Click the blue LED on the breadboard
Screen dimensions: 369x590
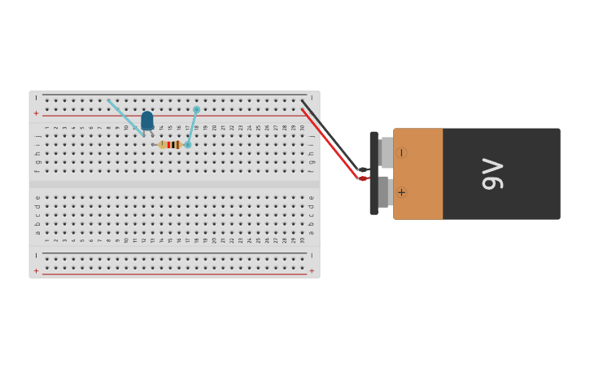pyautogui.click(x=147, y=121)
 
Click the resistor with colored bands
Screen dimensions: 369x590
pyautogui.click(x=170, y=145)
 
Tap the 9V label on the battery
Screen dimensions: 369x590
pyautogui.click(x=493, y=174)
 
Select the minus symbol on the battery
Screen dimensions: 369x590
pyautogui.click(x=401, y=152)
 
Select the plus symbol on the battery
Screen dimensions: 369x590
pyautogui.click(x=401, y=192)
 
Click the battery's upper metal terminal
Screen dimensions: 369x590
pyautogui.click(x=386, y=152)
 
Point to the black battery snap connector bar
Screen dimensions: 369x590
pyautogui.click(x=374, y=173)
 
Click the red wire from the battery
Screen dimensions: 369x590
pyautogui.click(x=330, y=143)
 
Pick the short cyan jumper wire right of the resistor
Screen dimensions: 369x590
pyautogui.click(x=192, y=128)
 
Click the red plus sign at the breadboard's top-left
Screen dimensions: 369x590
pyautogui.click(x=36, y=113)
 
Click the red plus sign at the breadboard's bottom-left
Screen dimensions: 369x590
pyautogui.click(x=36, y=270)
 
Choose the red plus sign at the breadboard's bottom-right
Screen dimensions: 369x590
pyautogui.click(x=311, y=270)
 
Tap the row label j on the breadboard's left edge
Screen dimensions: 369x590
pyautogui.click(x=37, y=136)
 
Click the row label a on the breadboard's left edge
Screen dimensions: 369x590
pyautogui.click(x=37, y=233)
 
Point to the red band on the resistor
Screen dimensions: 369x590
pyautogui.click(x=168, y=145)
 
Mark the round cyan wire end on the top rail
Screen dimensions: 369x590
pyautogui.click(x=196, y=109)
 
